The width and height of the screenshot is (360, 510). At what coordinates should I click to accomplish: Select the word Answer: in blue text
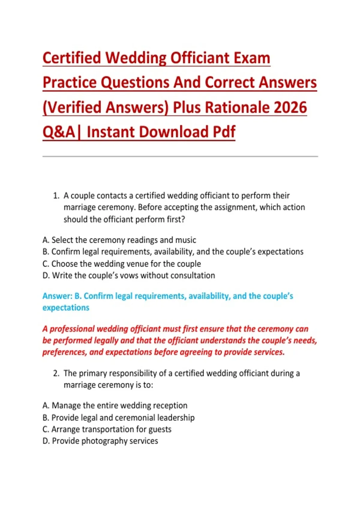(57, 296)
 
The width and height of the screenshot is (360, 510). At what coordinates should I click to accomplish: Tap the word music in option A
(185, 240)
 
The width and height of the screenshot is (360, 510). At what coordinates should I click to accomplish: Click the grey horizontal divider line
(180, 156)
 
